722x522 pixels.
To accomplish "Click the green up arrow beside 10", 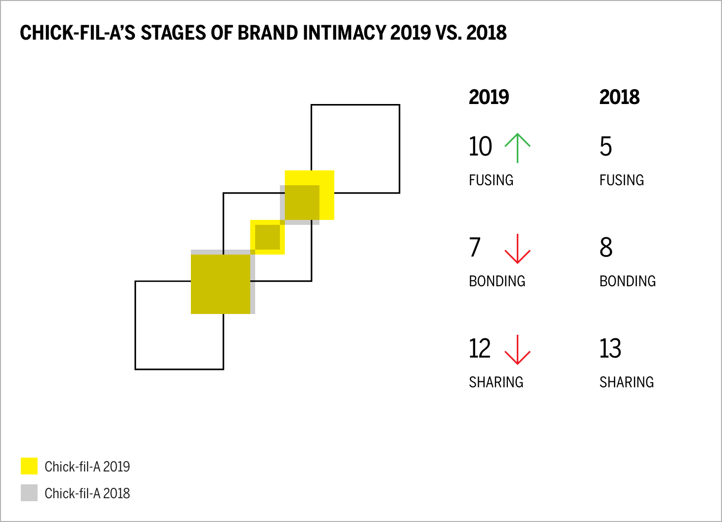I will tap(517, 148).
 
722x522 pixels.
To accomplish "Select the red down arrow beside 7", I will tap(517, 249).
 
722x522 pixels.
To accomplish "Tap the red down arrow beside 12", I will tap(517, 350).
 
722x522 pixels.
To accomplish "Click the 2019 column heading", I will tap(489, 97).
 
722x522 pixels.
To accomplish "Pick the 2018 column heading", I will tap(619, 97).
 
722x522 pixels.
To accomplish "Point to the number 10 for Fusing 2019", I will tap(480, 147).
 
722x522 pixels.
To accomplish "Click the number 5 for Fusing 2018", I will tap(606, 147).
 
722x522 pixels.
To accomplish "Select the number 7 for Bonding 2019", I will tap(475, 248).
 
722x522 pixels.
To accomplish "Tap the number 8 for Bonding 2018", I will tap(606, 248).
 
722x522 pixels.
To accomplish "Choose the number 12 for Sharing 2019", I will tap(480, 349).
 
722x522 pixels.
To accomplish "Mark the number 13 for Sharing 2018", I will tap(610, 349).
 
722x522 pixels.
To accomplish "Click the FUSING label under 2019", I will tap(491, 180).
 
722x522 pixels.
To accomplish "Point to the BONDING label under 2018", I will tap(628, 281).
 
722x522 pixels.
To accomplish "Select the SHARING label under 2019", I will tap(496, 382).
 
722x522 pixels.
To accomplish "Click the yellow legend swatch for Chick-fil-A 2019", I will tap(29, 466).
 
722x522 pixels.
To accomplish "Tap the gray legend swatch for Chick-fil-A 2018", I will tap(29, 493).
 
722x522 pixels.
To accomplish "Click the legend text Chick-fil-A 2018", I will tap(87, 493).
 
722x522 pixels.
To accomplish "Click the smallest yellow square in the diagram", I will tap(268, 237).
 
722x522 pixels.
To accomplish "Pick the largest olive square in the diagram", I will tap(221, 284).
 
